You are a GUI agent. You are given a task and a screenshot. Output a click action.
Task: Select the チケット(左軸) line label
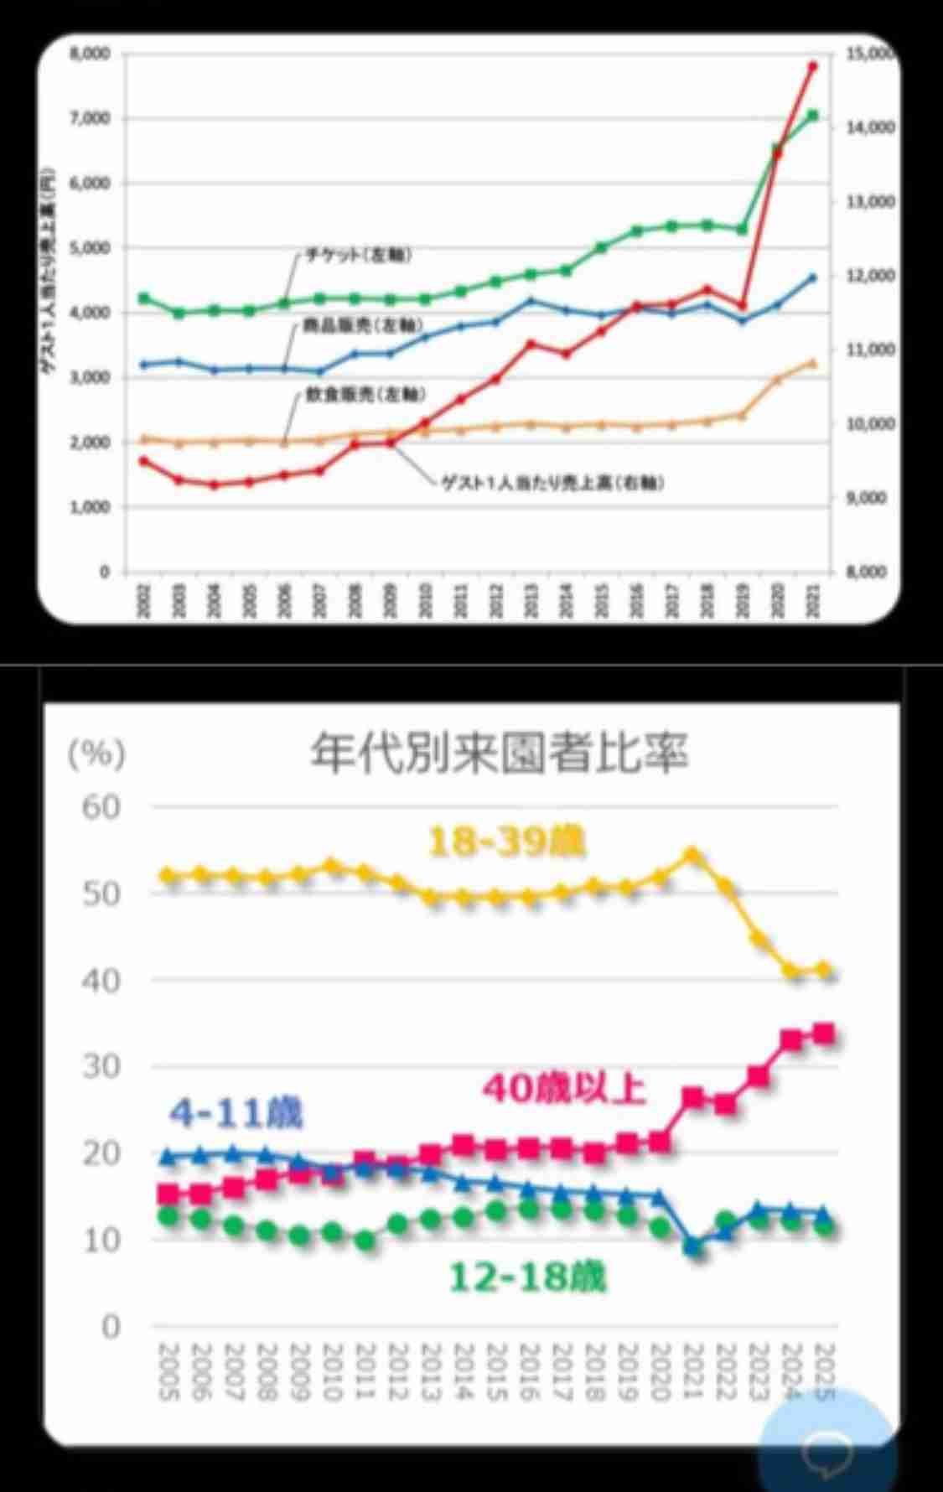click(357, 256)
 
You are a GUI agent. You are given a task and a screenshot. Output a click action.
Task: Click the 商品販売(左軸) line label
click(362, 325)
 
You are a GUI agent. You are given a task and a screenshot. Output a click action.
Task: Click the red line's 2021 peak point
click(812, 65)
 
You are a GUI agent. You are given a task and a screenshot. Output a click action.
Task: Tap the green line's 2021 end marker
click(812, 116)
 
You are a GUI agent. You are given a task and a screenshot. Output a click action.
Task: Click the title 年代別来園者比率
click(500, 752)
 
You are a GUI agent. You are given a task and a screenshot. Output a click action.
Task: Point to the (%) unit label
click(96, 754)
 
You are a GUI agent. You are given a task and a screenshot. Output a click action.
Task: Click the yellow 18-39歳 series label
click(507, 842)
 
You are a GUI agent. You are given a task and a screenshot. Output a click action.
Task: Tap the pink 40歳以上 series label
click(563, 1090)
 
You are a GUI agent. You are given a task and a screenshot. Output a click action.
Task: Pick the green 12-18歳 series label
click(527, 1278)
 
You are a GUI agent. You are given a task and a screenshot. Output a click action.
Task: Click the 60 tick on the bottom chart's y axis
click(101, 807)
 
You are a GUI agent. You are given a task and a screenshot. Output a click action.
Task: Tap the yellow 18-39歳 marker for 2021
click(692, 855)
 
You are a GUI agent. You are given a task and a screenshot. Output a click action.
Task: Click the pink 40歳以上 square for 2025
click(823, 1034)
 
